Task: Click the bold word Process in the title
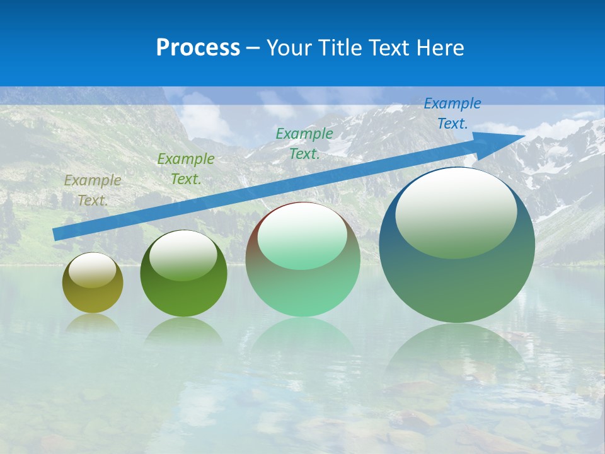coord(198,48)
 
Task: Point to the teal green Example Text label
coord(304,144)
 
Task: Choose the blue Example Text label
coord(452,113)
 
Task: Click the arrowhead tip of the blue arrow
coord(524,136)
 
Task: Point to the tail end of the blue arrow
coord(55,235)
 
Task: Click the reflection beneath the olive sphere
coord(93,323)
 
